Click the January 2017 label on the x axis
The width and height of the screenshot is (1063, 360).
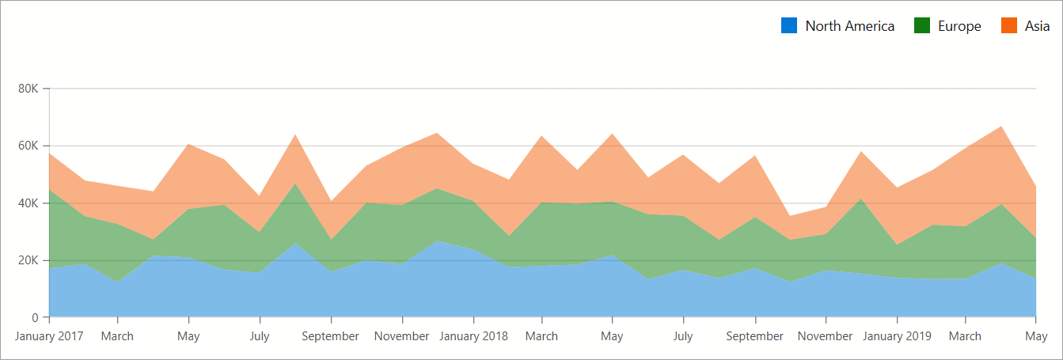point(49,336)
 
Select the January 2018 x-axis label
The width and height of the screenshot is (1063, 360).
point(473,336)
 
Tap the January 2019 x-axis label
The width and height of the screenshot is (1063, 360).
point(897,336)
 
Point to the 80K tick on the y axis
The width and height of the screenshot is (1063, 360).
point(28,89)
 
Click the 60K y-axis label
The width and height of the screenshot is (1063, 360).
point(28,146)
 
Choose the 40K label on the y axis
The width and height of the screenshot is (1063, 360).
point(28,203)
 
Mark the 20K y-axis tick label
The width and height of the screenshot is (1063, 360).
point(28,260)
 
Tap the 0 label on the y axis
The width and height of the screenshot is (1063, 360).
point(35,318)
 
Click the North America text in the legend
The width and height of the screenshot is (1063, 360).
point(849,26)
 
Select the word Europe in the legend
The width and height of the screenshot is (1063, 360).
point(959,26)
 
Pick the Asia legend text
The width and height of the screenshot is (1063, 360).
point(1037,26)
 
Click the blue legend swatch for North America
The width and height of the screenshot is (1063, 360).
point(789,25)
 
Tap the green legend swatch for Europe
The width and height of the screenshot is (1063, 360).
point(922,25)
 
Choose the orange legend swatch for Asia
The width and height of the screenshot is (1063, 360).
point(1009,25)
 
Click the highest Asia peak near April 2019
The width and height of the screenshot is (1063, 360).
point(1001,127)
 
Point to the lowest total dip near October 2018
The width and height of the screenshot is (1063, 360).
point(791,216)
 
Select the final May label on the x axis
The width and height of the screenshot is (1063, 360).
point(1035,336)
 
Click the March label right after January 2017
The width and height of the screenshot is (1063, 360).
point(117,336)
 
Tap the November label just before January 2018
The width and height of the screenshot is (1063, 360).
point(402,336)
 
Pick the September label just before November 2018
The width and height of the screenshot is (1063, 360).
point(754,336)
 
